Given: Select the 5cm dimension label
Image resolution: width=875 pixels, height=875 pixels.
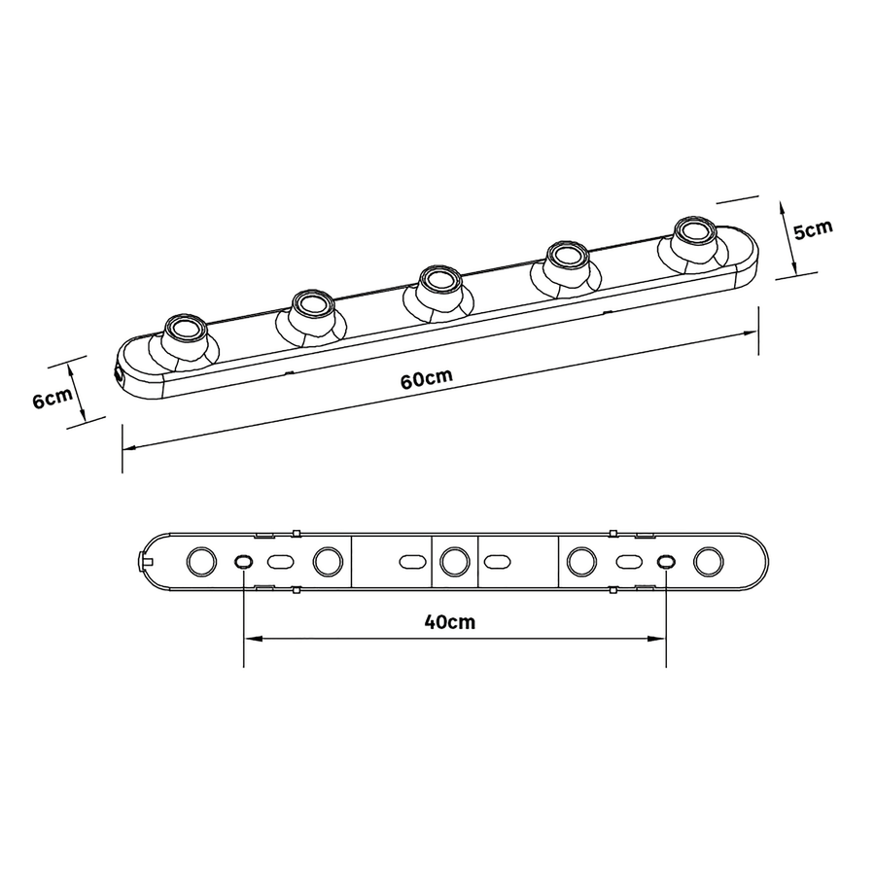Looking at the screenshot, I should click(x=813, y=230).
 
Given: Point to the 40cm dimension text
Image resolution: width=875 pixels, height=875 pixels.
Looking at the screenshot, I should click(x=450, y=622).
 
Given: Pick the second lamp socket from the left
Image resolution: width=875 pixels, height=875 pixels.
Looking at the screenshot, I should click(x=311, y=305).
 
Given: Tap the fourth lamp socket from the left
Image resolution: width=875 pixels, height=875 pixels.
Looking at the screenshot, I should click(x=563, y=258).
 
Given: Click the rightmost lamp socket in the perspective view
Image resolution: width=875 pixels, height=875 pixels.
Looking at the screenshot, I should click(x=692, y=233).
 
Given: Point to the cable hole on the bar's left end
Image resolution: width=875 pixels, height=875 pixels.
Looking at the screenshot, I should click(x=118, y=372).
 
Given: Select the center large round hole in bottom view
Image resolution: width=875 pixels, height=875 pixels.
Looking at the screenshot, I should click(x=453, y=561).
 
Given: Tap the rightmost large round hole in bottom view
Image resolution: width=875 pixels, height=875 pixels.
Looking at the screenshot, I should click(x=707, y=561).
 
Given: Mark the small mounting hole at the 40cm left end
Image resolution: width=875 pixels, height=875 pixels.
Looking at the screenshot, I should click(x=243, y=561).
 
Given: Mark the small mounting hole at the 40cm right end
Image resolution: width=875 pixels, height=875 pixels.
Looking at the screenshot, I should click(x=665, y=561).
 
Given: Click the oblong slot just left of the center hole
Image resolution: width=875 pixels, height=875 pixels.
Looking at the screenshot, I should click(x=410, y=561).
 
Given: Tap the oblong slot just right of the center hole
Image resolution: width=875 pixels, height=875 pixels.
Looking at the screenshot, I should click(x=498, y=561).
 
